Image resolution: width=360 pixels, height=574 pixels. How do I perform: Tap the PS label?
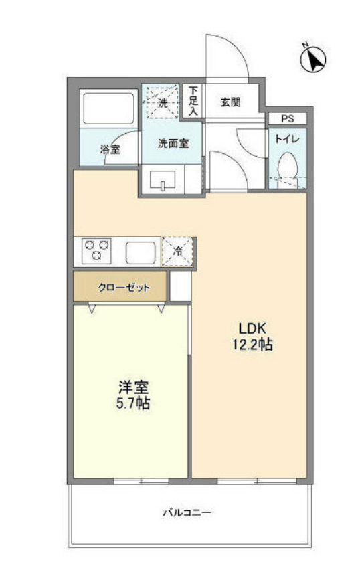[x=287, y=119]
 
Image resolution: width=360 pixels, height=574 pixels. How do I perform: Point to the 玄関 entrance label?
[x=231, y=102]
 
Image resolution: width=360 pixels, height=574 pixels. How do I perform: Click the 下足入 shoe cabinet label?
[x=193, y=102]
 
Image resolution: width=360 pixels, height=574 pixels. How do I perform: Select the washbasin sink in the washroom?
[x=162, y=181]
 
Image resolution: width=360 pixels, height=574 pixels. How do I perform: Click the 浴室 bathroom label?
[x=110, y=149]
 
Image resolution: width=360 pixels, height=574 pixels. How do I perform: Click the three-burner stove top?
[x=97, y=252]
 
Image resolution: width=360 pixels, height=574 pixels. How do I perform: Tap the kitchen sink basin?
[x=141, y=252]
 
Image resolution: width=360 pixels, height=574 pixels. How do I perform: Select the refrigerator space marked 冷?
[x=178, y=252]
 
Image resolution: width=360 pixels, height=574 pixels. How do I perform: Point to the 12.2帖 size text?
[x=253, y=346]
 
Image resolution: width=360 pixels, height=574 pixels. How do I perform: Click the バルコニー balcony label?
[x=188, y=513]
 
